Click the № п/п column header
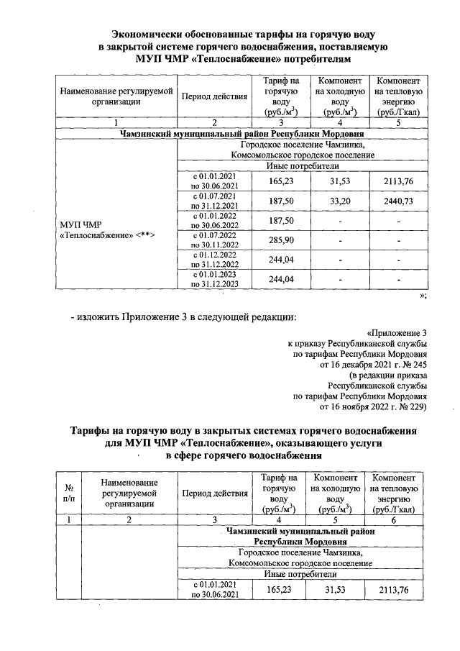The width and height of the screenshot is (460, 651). click(68, 493)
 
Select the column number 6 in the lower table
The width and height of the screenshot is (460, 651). click(398, 519)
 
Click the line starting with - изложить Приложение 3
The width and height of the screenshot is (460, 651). click(183, 317)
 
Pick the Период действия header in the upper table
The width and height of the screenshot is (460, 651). click(214, 96)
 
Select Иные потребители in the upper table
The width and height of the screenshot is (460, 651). click(302, 166)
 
